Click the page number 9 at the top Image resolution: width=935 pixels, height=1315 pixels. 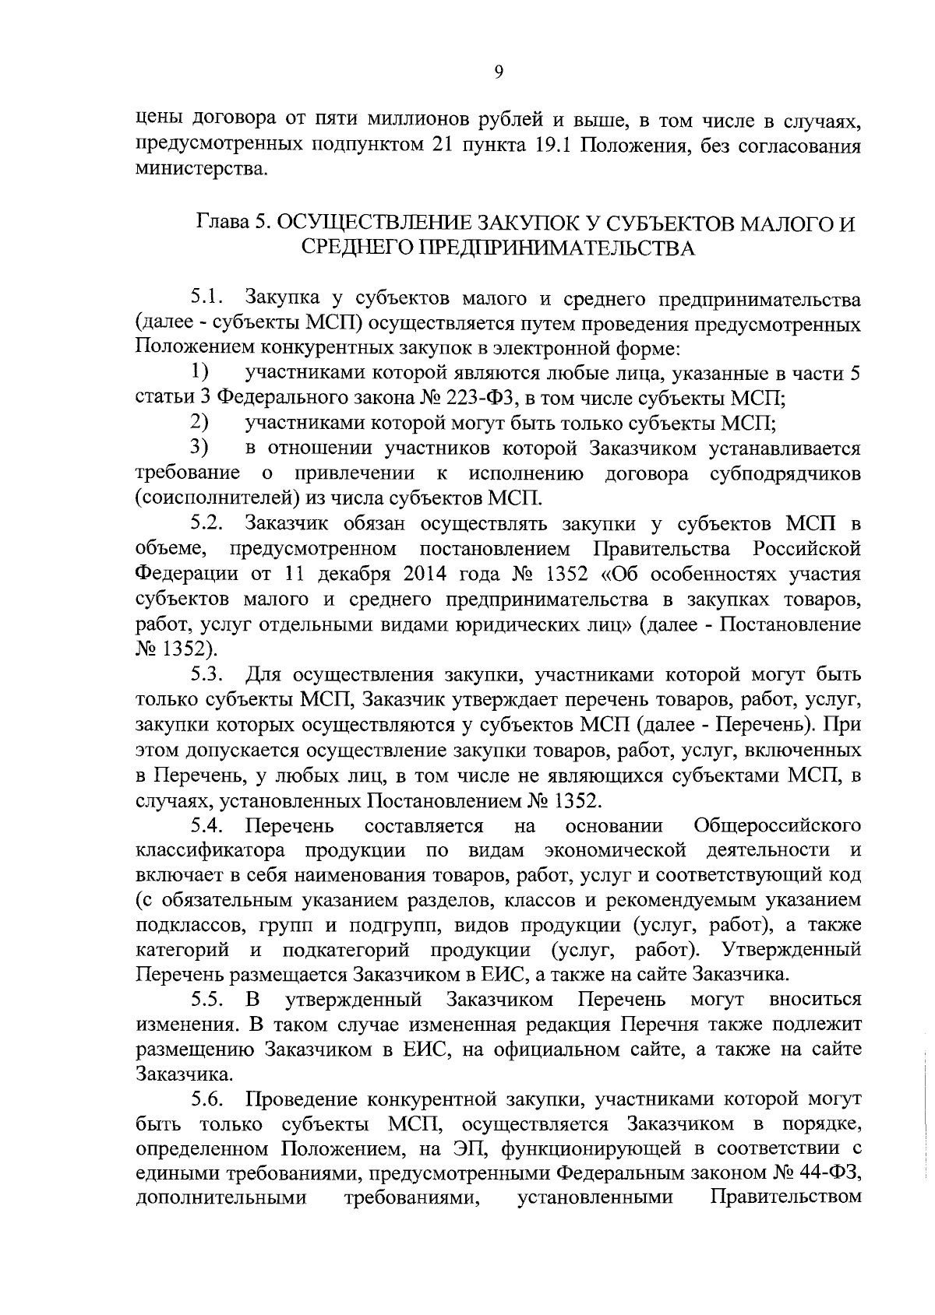pos(499,72)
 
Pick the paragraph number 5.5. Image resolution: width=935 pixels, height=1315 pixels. pos(207,1000)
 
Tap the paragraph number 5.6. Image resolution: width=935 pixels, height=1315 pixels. pos(207,1100)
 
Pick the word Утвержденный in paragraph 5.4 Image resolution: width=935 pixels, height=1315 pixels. pos(792,950)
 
